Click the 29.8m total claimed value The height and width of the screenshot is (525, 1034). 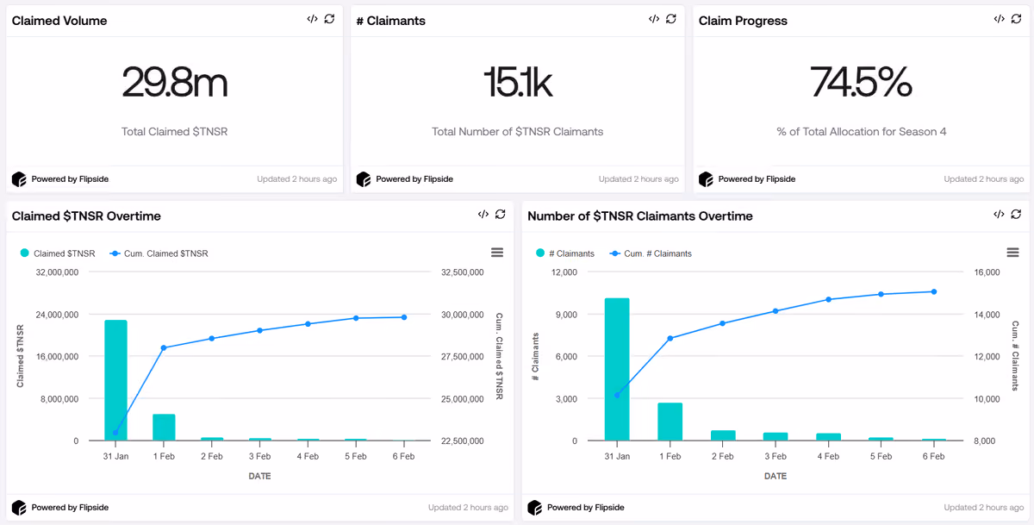[174, 82]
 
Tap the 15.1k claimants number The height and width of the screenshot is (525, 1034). [518, 82]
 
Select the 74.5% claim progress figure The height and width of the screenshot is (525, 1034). [861, 82]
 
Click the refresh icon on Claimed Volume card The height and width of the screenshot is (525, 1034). [329, 19]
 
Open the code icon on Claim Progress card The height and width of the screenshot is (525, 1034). [999, 19]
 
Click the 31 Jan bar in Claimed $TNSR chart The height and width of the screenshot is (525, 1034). [115, 380]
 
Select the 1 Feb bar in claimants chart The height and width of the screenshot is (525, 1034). [670, 422]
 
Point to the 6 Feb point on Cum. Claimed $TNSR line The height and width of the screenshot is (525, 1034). [404, 317]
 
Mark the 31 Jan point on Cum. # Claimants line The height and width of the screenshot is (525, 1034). [617, 395]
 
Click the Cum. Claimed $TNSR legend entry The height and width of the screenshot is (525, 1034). [159, 253]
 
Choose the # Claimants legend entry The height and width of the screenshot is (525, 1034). [565, 253]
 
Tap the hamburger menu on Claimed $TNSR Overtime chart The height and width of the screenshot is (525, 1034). [497, 253]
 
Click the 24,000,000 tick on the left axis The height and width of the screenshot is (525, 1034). [57, 315]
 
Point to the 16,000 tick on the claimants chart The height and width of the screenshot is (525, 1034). [987, 272]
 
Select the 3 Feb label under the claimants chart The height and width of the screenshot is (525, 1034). [775, 456]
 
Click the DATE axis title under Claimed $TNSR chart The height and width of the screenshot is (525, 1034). [259, 476]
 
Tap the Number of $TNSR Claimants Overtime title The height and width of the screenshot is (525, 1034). [639, 216]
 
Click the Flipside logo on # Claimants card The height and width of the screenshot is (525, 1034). [364, 179]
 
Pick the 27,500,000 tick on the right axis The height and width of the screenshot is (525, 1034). [462, 356]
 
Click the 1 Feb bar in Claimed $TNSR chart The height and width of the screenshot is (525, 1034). [164, 427]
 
